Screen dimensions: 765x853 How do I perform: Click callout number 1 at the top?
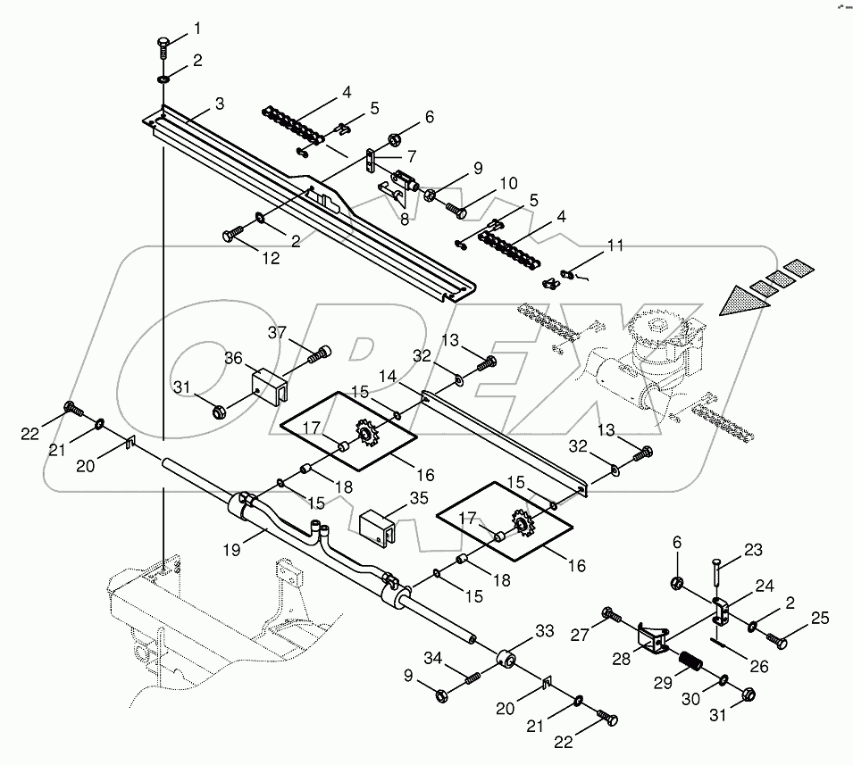(x=197, y=30)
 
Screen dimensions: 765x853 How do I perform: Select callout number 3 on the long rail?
(x=218, y=104)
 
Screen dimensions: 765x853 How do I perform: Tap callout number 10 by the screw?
(x=507, y=183)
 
